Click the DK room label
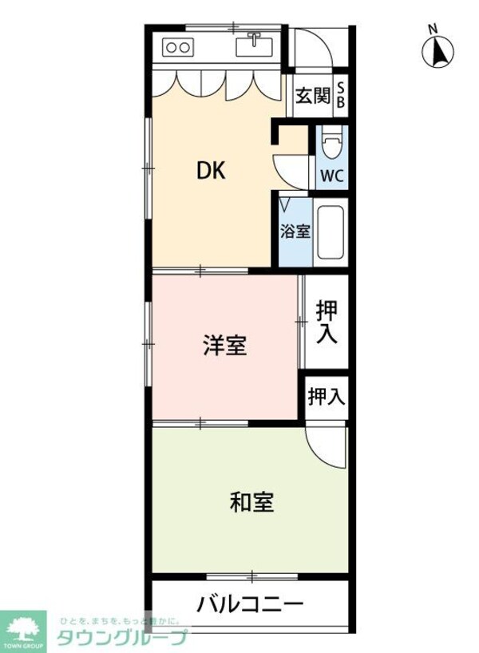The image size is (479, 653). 212,170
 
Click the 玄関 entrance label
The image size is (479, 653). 312,97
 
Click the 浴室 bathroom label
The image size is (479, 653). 295,232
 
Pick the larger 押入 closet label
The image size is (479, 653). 327,322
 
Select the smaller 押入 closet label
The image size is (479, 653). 327,397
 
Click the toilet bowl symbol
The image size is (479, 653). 332,145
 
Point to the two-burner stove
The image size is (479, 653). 177,47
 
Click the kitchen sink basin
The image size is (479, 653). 255,47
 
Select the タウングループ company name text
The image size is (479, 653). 121,636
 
